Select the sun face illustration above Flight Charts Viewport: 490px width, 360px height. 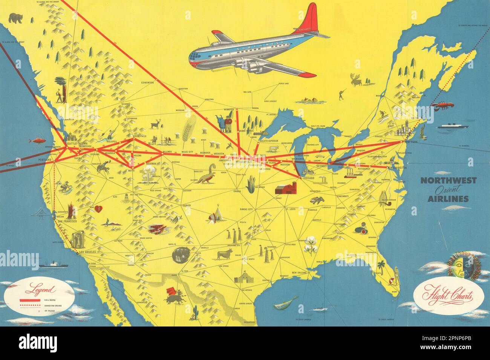[458, 266]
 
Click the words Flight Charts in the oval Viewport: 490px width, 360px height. [444, 294]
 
